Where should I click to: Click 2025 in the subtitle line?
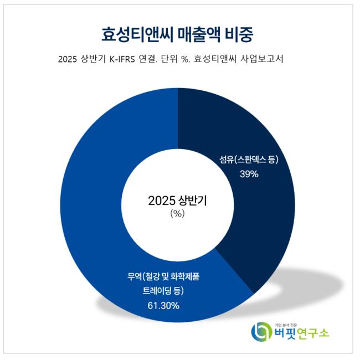(x=68, y=60)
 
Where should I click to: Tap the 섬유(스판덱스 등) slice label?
(x=249, y=160)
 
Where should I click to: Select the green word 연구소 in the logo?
(x=314, y=333)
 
